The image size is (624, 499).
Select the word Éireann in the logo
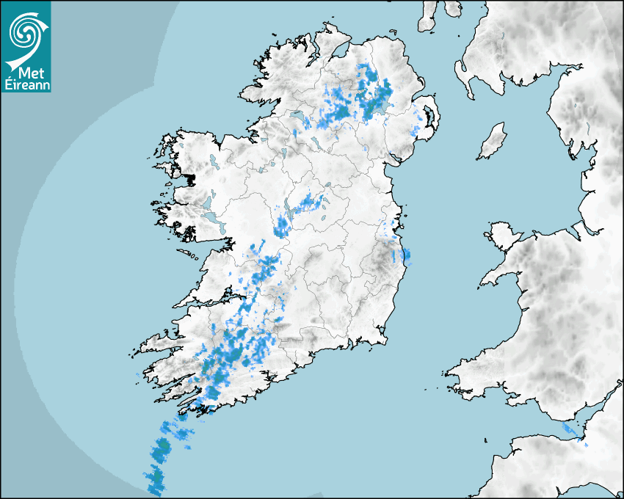point(26,84)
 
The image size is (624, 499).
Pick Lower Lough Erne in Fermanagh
point(297,115)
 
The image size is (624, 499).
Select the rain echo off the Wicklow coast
point(405,255)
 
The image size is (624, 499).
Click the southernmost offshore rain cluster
point(156,481)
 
